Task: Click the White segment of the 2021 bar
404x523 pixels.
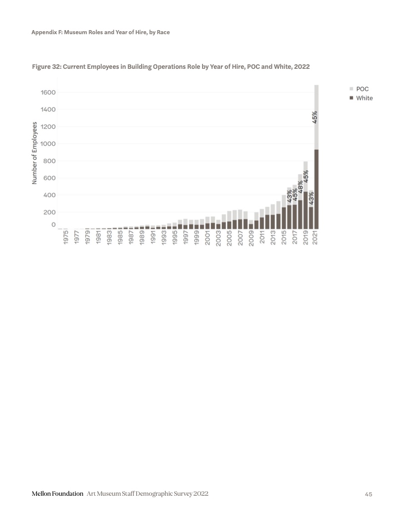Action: coord(316,188)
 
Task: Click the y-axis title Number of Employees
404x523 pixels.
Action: coord(35,153)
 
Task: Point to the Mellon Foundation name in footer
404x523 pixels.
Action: coord(57,494)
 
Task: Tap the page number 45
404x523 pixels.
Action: coord(368,494)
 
